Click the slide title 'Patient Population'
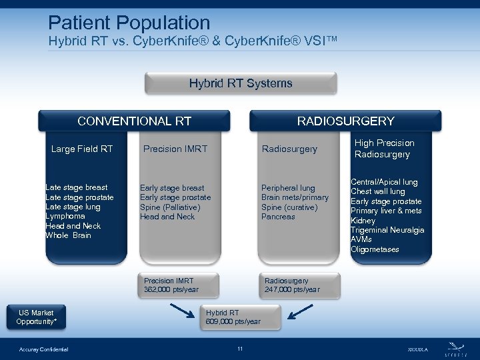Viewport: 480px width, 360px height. [129, 23]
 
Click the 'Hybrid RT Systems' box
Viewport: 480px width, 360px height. [241, 83]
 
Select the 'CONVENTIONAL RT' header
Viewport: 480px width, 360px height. [134, 121]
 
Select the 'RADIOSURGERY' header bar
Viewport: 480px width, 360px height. [345, 121]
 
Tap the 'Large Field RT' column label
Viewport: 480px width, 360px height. [82, 149]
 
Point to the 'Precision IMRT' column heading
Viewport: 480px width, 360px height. [175, 149]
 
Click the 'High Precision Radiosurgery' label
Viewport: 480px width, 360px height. [384, 149]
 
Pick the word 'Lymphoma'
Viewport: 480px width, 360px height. [65, 216]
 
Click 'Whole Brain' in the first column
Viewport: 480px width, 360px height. [68, 235]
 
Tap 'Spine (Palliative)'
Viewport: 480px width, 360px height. [170, 207]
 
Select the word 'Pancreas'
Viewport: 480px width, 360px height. [278, 217]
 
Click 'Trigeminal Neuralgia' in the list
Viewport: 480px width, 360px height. [387, 230]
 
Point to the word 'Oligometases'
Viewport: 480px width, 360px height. [375, 249]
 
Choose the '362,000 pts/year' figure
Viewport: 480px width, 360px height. [171, 289]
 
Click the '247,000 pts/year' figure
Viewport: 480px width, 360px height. [292, 289]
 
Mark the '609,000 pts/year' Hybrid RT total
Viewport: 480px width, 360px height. [233, 322]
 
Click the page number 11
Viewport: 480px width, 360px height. [240, 349]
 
